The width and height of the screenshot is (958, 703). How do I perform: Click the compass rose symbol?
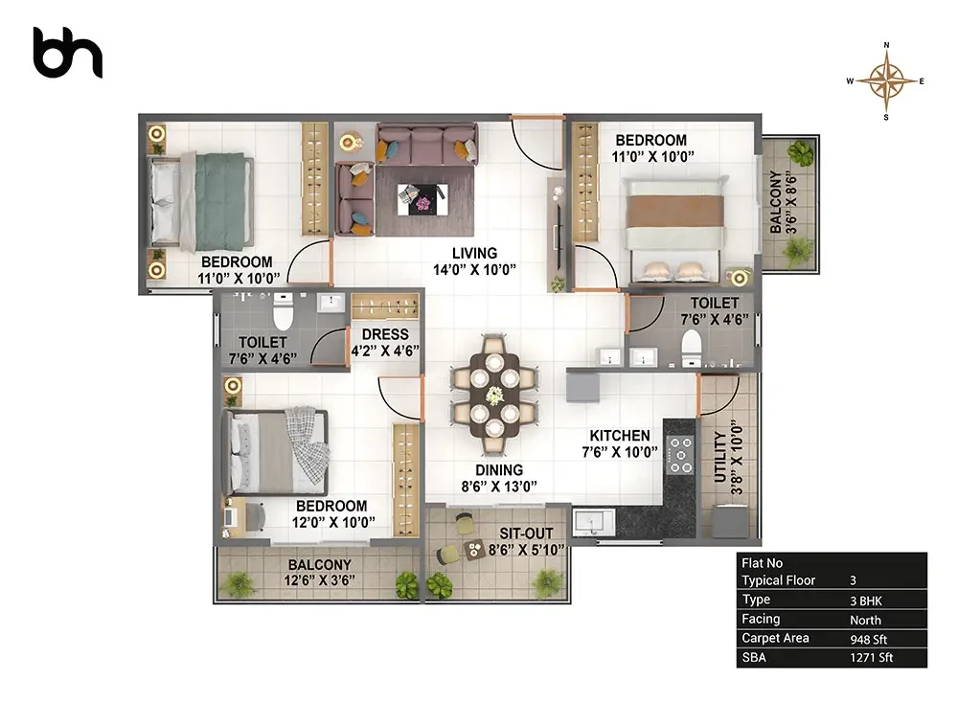(886, 80)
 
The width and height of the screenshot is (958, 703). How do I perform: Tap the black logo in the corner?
(67, 53)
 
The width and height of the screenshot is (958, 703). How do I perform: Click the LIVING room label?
(474, 253)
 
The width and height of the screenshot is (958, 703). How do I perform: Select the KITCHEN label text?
(619, 436)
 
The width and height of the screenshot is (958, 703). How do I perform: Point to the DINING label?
(499, 469)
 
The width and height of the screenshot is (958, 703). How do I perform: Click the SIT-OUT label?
(526, 533)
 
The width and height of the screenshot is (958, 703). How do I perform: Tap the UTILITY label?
(721, 457)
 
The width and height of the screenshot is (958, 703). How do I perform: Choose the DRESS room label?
(385, 334)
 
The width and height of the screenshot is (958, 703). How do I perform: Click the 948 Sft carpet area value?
(868, 640)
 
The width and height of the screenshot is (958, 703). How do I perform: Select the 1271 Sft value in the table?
(871, 658)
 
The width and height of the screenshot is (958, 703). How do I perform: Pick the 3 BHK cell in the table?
(866, 601)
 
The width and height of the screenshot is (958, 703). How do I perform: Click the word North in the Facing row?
(865, 620)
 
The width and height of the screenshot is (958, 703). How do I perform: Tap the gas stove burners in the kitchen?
(679, 454)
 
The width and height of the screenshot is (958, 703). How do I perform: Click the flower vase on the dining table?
(493, 396)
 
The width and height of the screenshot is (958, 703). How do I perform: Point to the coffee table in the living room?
(422, 199)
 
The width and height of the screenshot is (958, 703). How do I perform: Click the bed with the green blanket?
(201, 202)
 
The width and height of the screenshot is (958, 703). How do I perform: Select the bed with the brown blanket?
(674, 230)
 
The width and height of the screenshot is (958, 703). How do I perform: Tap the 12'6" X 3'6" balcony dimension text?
(319, 579)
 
